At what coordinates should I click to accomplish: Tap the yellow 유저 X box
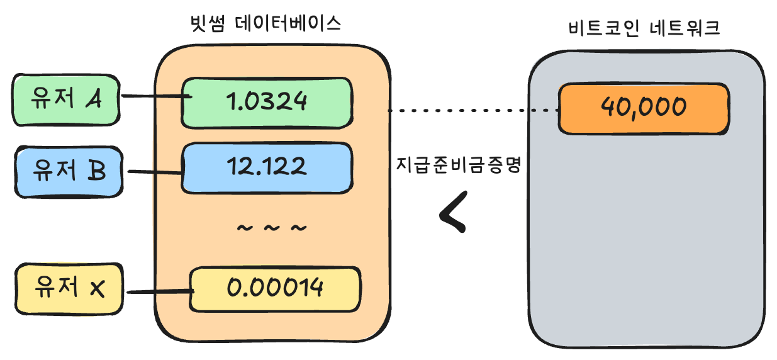(69, 289)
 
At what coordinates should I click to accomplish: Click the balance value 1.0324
(267, 102)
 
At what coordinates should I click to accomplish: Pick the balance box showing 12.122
(267, 167)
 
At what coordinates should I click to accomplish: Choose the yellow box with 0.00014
(276, 289)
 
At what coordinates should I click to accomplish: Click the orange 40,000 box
(644, 108)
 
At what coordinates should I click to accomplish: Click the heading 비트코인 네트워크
(643, 29)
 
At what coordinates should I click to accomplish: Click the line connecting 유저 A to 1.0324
(155, 97)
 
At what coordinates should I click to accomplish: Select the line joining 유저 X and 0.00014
(158, 292)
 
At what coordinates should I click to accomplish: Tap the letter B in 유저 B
(96, 171)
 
